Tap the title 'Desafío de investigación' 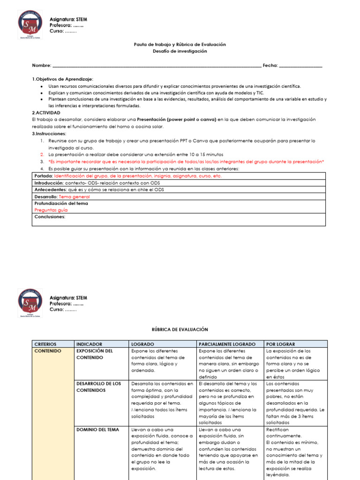pyautogui.click(x=180, y=51)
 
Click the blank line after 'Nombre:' pyautogui.click(x=157, y=66)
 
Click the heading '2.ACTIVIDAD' pyautogui.click(x=47, y=113)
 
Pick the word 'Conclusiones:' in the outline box pyautogui.click(x=50, y=217)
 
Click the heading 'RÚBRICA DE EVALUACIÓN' pyautogui.click(x=180, y=330)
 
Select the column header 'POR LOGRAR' pyautogui.click(x=280, y=344)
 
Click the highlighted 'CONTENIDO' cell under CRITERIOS pyautogui.click(x=48, y=351)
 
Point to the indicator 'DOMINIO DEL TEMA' pyautogui.click(x=97, y=429)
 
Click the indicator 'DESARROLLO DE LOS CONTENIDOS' pyautogui.click(x=98, y=387)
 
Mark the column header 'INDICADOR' pyautogui.click(x=89, y=344)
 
